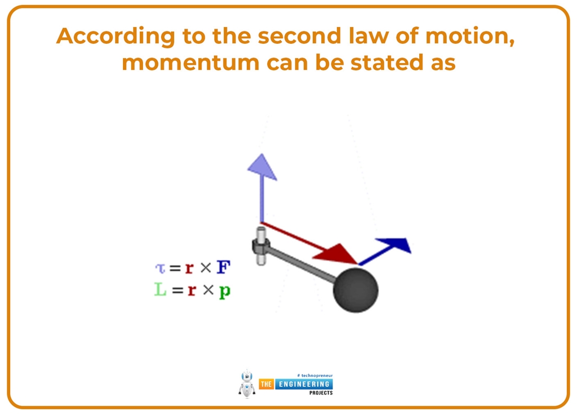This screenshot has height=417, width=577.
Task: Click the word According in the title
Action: point(108,37)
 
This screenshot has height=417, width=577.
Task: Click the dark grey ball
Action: point(356,290)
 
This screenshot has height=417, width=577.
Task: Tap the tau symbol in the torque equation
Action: point(160,268)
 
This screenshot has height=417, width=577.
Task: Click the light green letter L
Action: point(161,290)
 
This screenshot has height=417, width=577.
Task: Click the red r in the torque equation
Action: point(189,268)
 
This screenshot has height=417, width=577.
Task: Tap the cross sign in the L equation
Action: point(208,290)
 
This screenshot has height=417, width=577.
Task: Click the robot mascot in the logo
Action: point(247,384)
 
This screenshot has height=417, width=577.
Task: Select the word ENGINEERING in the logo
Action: point(303,384)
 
